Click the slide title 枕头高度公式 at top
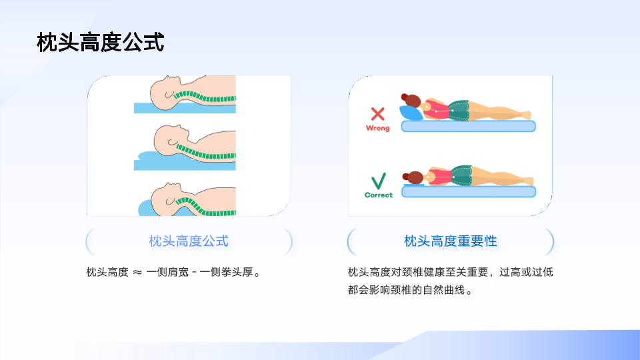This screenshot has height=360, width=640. (x=101, y=43)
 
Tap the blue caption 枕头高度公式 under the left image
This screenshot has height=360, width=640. (x=189, y=241)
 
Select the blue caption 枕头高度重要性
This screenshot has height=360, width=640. (x=450, y=241)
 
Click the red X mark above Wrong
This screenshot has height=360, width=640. (x=377, y=114)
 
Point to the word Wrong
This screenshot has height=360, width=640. (x=377, y=128)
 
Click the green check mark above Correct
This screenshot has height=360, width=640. (x=379, y=181)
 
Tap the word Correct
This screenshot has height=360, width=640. (x=379, y=195)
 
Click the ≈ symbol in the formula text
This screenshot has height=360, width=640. (x=137, y=272)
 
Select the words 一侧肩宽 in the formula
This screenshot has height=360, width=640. (x=167, y=272)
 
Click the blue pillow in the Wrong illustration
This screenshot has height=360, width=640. (x=410, y=113)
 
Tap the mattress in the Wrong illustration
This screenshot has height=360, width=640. (x=468, y=126)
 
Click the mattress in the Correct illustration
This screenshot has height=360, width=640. (x=469, y=191)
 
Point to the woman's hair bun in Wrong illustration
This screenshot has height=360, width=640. (x=405, y=97)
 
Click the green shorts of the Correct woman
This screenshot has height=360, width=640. (x=462, y=175)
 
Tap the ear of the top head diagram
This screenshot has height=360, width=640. (x=169, y=95)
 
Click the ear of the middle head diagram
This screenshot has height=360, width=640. (x=172, y=143)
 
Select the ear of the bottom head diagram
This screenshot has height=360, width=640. (x=170, y=201)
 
